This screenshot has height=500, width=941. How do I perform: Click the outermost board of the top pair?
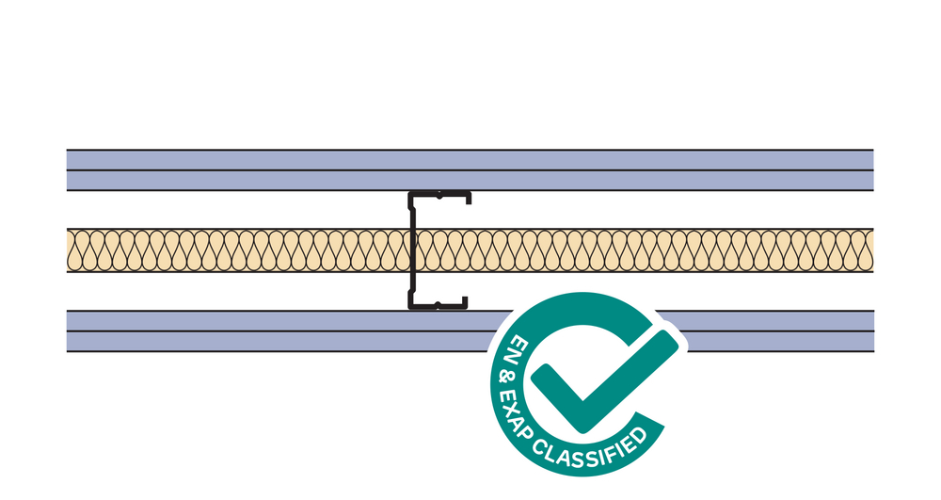pyautogui.click(x=282, y=159)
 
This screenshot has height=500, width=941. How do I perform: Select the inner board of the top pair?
pyautogui.click(x=282, y=180)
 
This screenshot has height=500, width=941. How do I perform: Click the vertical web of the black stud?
pyautogui.click(x=411, y=250)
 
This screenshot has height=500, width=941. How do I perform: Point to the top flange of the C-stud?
pyautogui.click(x=439, y=195)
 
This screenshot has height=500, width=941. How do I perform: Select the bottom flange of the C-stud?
pyautogui.click(x=439, y=305)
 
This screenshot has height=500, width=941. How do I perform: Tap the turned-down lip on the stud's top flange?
pyautogui.click(x=468, y=200)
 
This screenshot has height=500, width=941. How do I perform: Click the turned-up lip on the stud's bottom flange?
pyautogui.click(x=465, y=301)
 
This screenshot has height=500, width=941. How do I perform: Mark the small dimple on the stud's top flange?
pyautogui.click(x=439, y=197)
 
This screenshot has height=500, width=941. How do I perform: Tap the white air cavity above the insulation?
pyautogui.click(x=235, y=209)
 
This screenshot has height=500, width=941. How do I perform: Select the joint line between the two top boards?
pyautogui.click(x=282, y=170)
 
